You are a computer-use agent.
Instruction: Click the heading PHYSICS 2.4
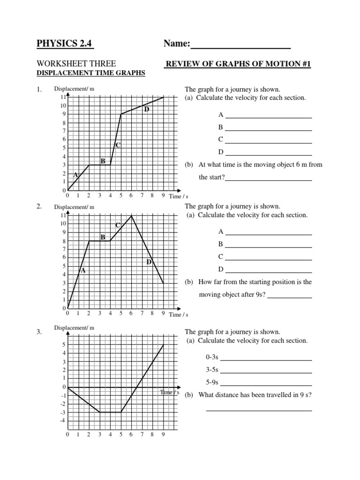65,44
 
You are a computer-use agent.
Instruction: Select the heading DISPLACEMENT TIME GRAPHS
91,73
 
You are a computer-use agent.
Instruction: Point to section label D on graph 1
147,109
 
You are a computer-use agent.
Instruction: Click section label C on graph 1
118,145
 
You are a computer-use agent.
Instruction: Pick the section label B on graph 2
103,237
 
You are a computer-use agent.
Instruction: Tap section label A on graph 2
83,270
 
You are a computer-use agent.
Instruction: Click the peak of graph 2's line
132,215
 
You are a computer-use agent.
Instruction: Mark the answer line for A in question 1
268,117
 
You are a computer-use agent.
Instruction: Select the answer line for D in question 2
268,272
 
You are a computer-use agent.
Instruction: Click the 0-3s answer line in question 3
266,360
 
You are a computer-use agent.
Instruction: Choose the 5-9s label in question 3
212,382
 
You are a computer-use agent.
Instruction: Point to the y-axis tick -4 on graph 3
63,420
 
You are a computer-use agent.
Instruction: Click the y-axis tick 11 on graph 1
63,97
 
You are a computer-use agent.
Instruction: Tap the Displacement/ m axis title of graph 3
75,328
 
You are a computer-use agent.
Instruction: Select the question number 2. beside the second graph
39,207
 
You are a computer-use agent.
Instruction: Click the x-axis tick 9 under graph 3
164,435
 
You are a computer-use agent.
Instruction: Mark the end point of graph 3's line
164,345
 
